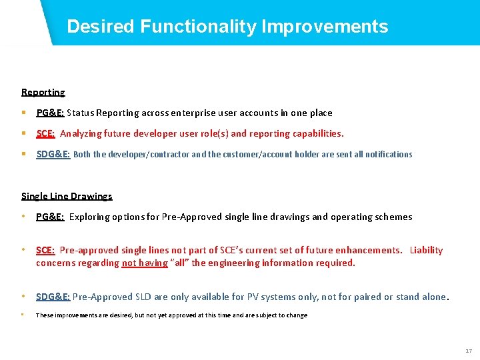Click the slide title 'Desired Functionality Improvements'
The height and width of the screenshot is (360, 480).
click(227, 27)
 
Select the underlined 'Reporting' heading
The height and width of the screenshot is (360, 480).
click(43, 92)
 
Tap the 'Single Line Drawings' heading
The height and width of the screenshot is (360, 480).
click(67, 196)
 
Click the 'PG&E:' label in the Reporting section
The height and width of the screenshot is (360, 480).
click(50, 113)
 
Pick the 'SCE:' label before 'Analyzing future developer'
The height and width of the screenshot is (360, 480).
click(45, 133)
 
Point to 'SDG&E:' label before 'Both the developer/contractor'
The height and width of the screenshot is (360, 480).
click(53, 154)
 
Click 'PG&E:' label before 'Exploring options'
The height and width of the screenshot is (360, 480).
click(50, 217)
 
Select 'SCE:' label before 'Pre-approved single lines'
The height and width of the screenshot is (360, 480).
click(45, 250)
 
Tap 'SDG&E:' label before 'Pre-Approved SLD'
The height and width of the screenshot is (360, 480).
click(53, 297)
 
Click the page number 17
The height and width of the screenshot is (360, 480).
click(468, 351)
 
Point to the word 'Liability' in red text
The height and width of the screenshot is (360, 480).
click(426, 250)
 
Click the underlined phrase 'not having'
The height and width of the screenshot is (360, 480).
click(145, 263)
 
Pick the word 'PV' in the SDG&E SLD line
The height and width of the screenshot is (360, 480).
click(247, 297)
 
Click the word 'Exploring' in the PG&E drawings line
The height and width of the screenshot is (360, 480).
click(90, 217)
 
